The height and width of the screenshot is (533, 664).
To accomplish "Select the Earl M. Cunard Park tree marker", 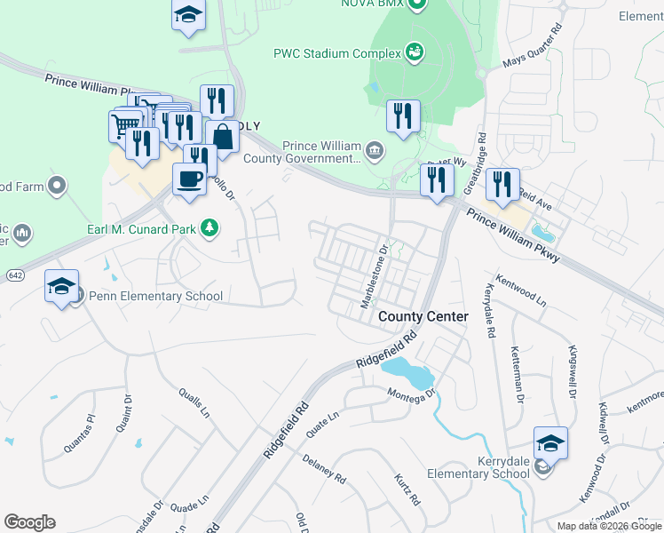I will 209,228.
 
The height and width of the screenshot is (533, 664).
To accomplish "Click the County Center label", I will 423,316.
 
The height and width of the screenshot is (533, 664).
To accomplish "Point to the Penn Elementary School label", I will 148,296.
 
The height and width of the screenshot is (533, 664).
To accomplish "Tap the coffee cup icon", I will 189,179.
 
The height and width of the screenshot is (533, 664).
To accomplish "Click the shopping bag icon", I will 222,137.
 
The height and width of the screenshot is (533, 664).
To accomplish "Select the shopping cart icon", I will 125,124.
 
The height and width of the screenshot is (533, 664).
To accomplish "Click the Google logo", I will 29,521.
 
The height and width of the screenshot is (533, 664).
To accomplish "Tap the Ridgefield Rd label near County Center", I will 386,352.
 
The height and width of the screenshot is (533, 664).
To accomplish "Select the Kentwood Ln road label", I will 521,290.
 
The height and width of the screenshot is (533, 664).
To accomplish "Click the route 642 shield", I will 8,274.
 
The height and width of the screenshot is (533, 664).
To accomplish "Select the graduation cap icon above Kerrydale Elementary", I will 550,442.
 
